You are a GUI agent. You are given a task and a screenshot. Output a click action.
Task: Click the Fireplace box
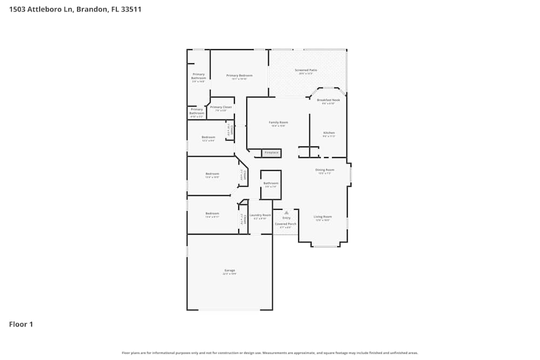pyautogui.click(x=271, y=153)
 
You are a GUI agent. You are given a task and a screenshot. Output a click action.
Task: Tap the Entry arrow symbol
pyautogui.click(x=286, y=213)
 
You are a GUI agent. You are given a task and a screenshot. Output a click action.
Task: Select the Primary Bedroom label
pyautogui.click(x=239, y=76)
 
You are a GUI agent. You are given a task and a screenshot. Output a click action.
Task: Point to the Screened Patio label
pyautogui.click(x=306, y=70)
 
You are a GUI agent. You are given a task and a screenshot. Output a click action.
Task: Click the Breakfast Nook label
pyautogui.click(x=328, y=100)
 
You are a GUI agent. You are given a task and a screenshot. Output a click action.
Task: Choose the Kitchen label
pyautogui.click(x=329, y=133)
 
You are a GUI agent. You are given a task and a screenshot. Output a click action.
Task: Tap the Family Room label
pyautogui.click(x=278, y=123)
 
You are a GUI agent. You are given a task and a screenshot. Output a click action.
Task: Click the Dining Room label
pyautogui.click(x=325, y=169)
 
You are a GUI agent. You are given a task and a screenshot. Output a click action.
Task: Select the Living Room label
pyautogui.click(x=322, y=216)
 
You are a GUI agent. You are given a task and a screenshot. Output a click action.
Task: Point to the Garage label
pyautogui.click(x=230, y=270)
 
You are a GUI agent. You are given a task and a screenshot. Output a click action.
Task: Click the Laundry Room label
pyautogui.click(x=260, y=215)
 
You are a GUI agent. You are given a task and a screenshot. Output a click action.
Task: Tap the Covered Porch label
pyautogui.click(x=285, y=223)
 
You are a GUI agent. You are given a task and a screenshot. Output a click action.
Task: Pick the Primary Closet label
pyautogui.click(x=221, y=107)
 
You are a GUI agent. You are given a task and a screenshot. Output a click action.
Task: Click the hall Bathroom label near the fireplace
pyautogui.click(x=271, y=183)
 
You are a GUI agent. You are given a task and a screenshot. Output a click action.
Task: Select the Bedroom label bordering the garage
pyautogui.click(x=212, y=213)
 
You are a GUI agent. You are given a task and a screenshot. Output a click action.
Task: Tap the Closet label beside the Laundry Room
pyautogui.click(x=244, y=219)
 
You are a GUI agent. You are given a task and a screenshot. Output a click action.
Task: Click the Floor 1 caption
pyautogui.click(x=21, y=324)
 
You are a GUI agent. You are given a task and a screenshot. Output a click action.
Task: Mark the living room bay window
pyautogui.click(x=325, y=246)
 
